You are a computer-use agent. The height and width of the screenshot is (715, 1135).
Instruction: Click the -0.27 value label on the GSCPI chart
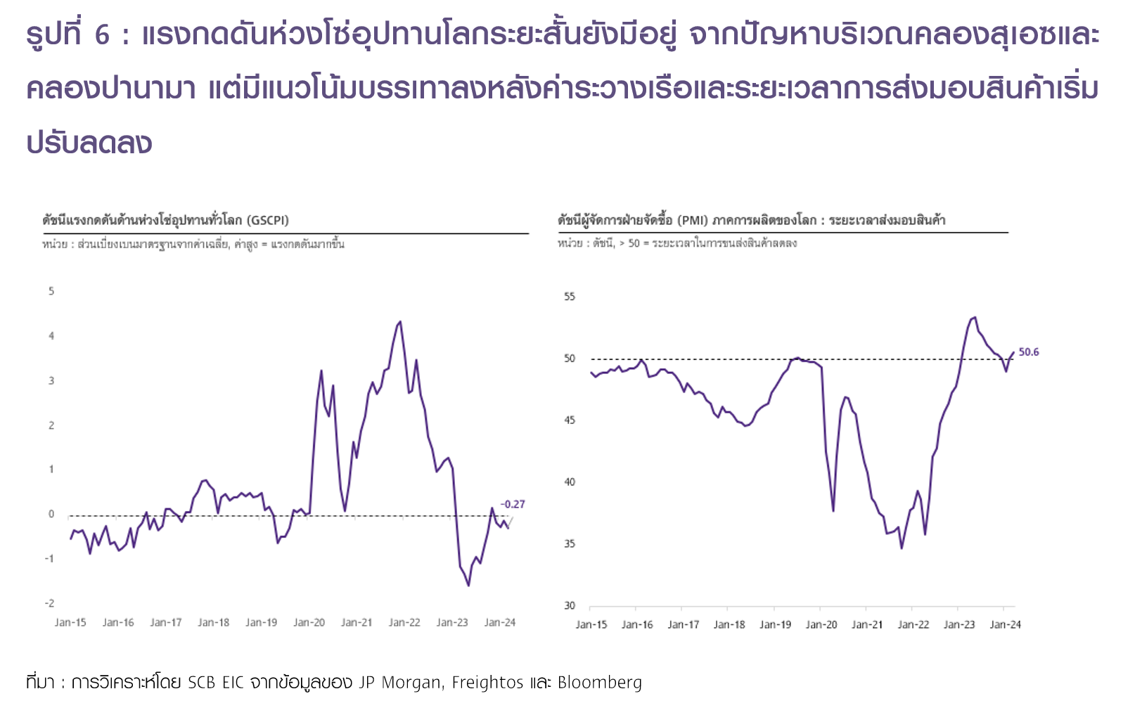[x=513, y=504]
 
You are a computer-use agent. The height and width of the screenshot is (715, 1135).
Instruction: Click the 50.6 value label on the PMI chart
[x=1028, y=352]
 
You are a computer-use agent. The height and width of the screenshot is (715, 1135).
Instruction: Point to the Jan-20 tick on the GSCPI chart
[x=309, y=622]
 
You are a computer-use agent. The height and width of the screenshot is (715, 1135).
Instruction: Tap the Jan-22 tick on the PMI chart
[x=913, y=624]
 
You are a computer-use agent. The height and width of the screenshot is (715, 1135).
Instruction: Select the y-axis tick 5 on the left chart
[x=51, y=291]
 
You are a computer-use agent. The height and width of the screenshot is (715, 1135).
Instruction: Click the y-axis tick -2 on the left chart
[x=49, y=603]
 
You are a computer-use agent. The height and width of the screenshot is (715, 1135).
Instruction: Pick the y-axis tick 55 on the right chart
[x=570, y=297]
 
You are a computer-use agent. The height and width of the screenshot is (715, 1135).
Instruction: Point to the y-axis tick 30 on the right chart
[x=570, y=605]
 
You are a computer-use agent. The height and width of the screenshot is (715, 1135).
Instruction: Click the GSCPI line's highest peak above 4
[x=400, y=322]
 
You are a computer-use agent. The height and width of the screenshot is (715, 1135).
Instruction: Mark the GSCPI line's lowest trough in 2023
[x=468, y=585]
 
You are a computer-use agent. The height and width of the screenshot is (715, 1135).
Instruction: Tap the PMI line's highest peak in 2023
[x=975, y=317]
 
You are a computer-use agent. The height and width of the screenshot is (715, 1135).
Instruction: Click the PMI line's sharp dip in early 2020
[x=833, y=510]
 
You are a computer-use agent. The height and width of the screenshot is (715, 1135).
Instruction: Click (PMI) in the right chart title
[x=692, y=220]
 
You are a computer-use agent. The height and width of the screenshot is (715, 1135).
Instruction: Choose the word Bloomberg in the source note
[x=599, y=683]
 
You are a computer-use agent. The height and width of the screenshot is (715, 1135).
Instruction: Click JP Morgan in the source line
[x=399, y=683]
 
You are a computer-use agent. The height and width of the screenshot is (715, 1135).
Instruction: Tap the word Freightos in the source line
[x=487, y=683]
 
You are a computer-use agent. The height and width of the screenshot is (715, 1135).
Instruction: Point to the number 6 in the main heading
[x=102, y=35]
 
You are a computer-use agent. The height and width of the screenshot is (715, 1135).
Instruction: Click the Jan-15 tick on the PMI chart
[x=591, y=624]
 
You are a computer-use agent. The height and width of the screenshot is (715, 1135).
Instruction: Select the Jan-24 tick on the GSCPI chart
[x=499, y=622]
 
